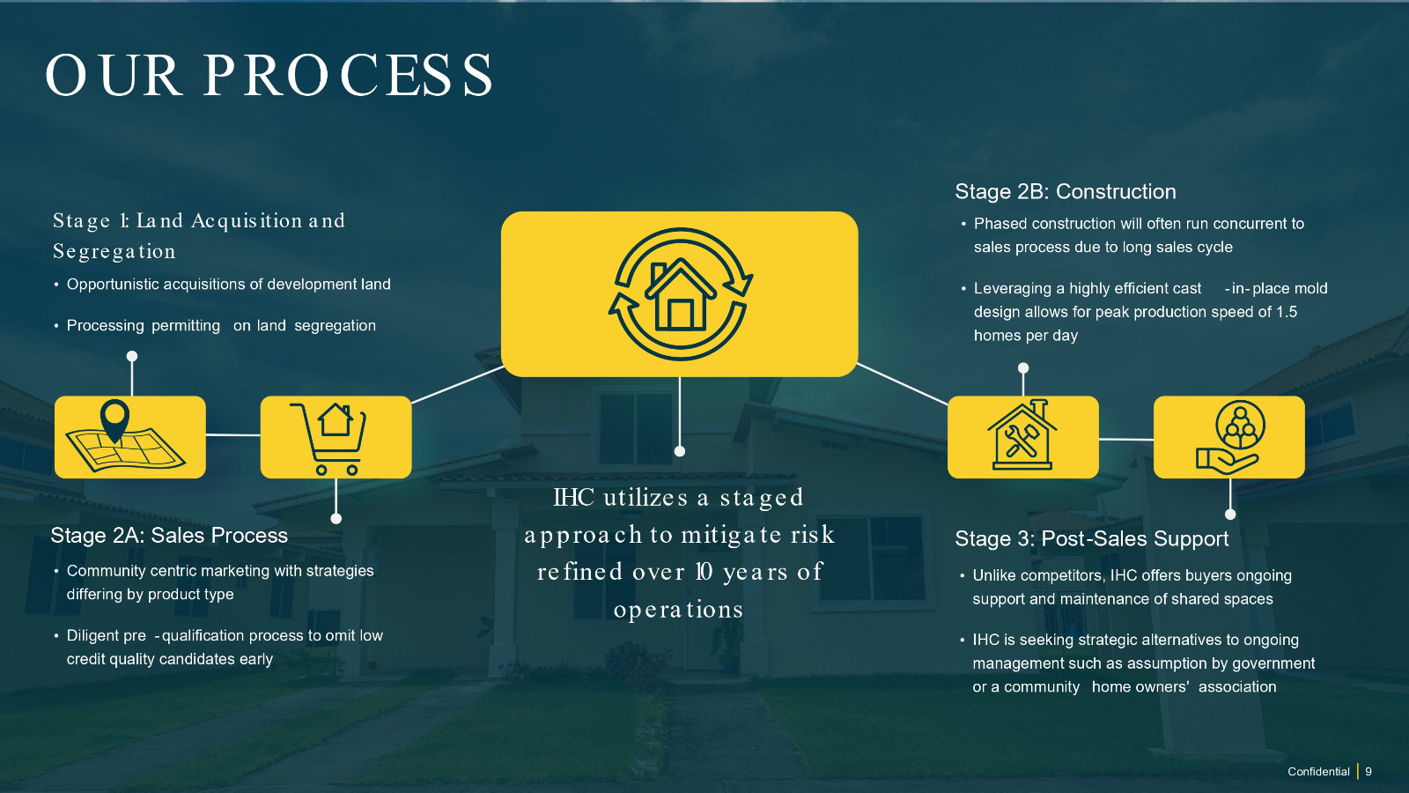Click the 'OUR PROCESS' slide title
click(x=269, y=75)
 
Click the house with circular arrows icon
click(x=680, y=294)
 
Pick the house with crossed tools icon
click(x=1022, y=437)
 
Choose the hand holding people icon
click(x=1229, y=437)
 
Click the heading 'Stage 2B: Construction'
click(x=1065, y=192)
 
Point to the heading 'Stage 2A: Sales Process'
click(x=169, y=536)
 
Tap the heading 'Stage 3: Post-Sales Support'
click(x=1091, y=539)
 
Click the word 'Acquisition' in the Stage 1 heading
click(x=247, y=221)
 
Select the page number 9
click(x=1368, y=772)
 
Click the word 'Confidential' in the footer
click(x=1318, y=772)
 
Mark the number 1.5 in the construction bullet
click(x=1287, y=312)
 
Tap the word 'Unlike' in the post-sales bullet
click(x=994, y=576)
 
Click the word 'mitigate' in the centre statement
click(x=731, y=535)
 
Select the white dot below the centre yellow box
click(x=680, y=451)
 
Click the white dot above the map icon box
click(x=132, y=357)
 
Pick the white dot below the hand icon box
click(x=1230, y=515)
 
